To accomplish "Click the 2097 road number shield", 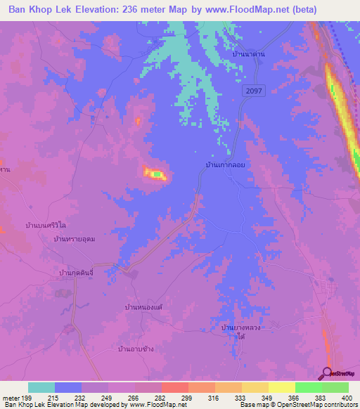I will point(255,91).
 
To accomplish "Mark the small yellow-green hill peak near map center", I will point(155,173).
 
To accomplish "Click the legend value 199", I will point(27,398).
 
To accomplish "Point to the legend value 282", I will point(161,398).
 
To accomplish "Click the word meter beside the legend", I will point(10,398).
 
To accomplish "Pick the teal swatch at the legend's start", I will point(41,387).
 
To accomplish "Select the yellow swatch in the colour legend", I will point(255,387).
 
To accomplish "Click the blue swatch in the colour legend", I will point(67,387).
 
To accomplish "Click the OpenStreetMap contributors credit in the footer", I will point(310,405).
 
